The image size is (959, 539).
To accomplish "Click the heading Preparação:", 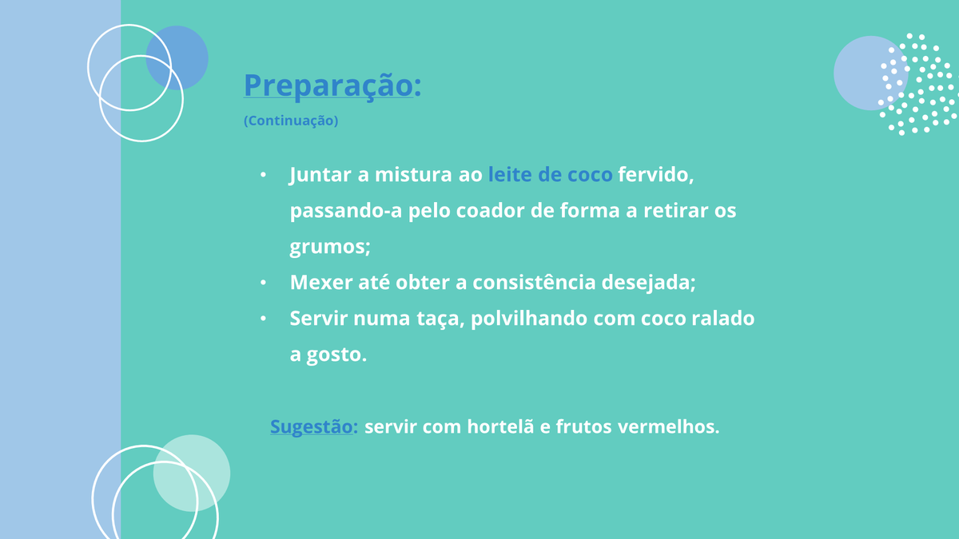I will (x=332, y=85).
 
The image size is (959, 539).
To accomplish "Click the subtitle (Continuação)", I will (x=291, y=121).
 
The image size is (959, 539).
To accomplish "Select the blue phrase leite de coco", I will (x=550, y=175).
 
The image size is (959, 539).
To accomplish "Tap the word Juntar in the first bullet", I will (x=320, y=175).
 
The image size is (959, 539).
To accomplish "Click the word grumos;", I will (x=330, y=248).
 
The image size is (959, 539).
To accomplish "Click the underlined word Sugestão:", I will (x=313, y=427).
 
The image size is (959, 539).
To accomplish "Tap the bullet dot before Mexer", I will (x=263, y=283).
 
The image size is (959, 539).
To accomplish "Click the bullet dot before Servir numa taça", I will (x=263, y=319).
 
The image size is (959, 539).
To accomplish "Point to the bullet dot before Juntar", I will (x=263, y=175).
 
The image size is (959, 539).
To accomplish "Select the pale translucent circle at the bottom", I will (x=192, y=473).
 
